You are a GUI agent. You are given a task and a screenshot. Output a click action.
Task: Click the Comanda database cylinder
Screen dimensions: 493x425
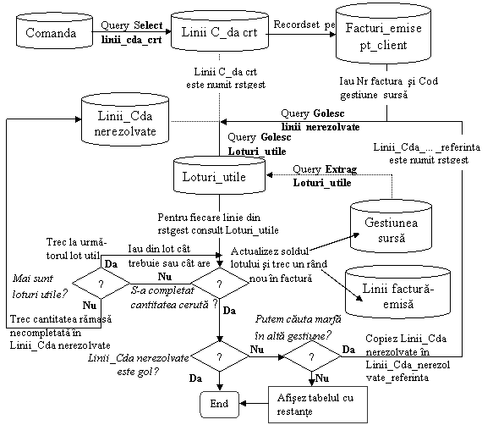tap(54, 30)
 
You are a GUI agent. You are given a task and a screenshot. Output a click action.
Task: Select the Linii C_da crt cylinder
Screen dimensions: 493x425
tap(220, 30)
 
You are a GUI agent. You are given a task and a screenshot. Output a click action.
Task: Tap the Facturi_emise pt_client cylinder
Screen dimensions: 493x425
tap(383, 34)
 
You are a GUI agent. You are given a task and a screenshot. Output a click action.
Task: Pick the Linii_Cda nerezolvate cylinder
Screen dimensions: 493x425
tap(125, 119)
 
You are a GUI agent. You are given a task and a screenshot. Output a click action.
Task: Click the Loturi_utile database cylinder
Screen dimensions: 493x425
tap(219, 175)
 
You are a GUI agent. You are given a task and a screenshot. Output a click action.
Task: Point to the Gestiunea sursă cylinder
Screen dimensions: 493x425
tap(392, 226)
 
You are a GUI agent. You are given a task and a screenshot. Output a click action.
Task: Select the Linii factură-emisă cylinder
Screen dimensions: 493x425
tap(397, 292)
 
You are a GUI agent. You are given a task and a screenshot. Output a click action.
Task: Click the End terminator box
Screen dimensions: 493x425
tap(219, 404)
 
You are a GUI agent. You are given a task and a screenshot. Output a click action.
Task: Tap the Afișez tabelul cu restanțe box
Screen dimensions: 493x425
tap(318, 405)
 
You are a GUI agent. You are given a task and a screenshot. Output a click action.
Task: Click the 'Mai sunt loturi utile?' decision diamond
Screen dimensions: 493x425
tap(101, 284)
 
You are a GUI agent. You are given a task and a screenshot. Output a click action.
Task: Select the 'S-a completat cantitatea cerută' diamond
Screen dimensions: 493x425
tap(220, 283)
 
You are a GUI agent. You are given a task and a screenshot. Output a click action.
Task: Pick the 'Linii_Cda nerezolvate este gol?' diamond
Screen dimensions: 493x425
tap(220, 356)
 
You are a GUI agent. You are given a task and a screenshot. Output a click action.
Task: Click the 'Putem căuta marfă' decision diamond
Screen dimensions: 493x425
tap(311, 356)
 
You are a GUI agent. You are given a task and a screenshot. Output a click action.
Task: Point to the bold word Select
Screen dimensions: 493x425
tap(148, 25)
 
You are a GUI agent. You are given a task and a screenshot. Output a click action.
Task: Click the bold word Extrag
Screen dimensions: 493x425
tap(341, 169)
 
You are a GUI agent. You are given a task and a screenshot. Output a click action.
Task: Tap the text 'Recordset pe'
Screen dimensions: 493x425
tap(304, 25)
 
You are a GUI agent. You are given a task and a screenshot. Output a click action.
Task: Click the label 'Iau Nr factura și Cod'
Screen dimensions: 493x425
tap(389, 81)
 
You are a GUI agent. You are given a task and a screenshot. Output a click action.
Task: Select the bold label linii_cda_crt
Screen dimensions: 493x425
tap(131, 40)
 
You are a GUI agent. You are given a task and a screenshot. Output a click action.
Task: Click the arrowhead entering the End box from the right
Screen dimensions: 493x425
tap(243, 404)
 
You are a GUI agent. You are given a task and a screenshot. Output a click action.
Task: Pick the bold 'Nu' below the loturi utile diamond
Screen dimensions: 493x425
tap(90, 305)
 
